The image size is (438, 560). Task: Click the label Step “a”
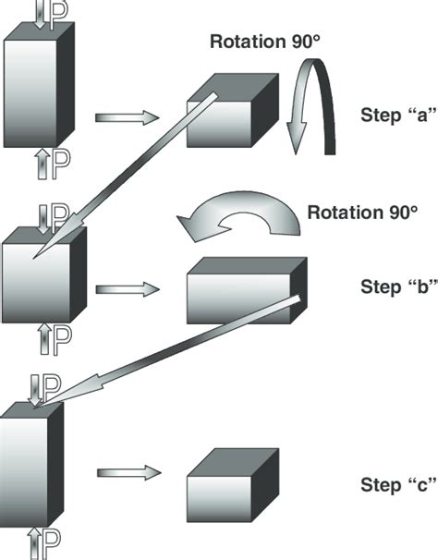point(398,116)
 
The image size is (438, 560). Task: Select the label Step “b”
point(398,286)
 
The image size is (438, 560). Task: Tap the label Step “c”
point(398,484)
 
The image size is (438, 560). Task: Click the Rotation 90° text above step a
point(264,41)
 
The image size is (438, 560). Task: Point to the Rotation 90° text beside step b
point(362,213)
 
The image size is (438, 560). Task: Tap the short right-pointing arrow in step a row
point(127,117)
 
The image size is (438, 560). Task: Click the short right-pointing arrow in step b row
point(128,289)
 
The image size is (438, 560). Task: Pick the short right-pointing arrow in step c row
point(129,473)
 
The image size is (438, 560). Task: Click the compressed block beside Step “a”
point(233,110)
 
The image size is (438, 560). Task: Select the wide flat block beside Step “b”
point(247,290)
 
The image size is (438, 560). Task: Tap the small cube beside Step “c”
point(233,485)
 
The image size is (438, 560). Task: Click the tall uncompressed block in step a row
point(39,85)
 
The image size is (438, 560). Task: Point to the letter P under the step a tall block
point(61,164)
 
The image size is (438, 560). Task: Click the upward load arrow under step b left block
point(44,338)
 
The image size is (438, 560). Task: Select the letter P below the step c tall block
point(51,544)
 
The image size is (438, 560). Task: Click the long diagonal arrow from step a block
point(125,176)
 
